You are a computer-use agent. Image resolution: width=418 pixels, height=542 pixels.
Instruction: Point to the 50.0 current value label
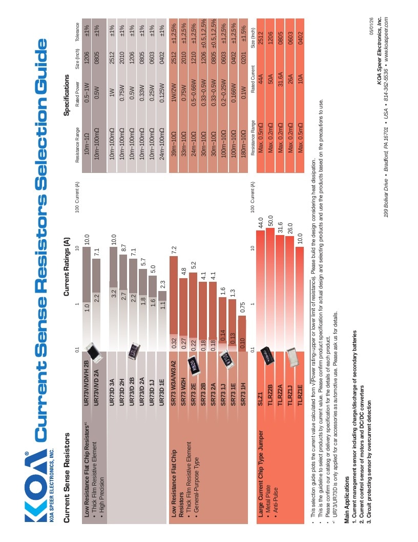(x=270, y=221)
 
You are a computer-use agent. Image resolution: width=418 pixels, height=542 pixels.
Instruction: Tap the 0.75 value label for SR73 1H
(x=242, y=307)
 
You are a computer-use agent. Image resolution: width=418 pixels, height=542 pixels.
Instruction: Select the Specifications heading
(x=67, y=95)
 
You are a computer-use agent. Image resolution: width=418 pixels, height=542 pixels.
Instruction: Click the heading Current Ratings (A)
(x=67, y=266)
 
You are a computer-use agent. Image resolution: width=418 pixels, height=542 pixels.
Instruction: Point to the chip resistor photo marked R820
(x=194, y=366)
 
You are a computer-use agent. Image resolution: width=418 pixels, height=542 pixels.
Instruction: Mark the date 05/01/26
(x=371, y=26)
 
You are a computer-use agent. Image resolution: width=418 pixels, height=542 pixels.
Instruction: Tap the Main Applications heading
(x=347, y=499)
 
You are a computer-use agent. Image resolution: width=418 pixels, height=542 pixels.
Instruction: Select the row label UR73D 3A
(x=112, y=392)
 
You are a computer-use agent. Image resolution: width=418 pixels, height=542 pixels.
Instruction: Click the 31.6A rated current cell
(x=280, y=80)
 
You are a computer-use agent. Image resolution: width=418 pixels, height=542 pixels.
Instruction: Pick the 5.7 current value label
(x=143, y=262)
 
